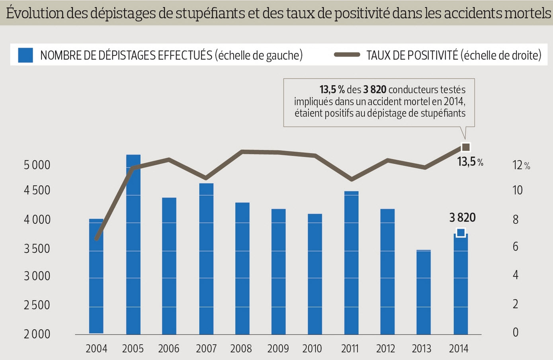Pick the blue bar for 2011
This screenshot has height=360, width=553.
[351, 262]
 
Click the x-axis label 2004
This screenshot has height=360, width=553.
[96, 349]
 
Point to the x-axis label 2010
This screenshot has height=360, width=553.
[312, 349]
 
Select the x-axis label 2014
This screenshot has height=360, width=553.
[459, 349]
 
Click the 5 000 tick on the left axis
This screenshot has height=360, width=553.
[37, 165]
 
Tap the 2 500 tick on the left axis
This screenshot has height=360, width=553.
[37, 305]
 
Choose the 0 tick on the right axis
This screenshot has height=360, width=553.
[516, 333]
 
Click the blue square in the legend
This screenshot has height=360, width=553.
[25, 55]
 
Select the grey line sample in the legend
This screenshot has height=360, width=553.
[347, 55]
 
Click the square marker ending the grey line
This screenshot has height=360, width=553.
[465, 147]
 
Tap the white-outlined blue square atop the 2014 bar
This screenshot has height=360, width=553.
[461, 233]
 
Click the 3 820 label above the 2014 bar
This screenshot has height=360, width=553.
[462, 217]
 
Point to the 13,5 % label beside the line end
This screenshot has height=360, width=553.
[470, 162]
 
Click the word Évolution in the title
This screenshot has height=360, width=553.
[35, 13]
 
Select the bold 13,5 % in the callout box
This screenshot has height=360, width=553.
[332, 90]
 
